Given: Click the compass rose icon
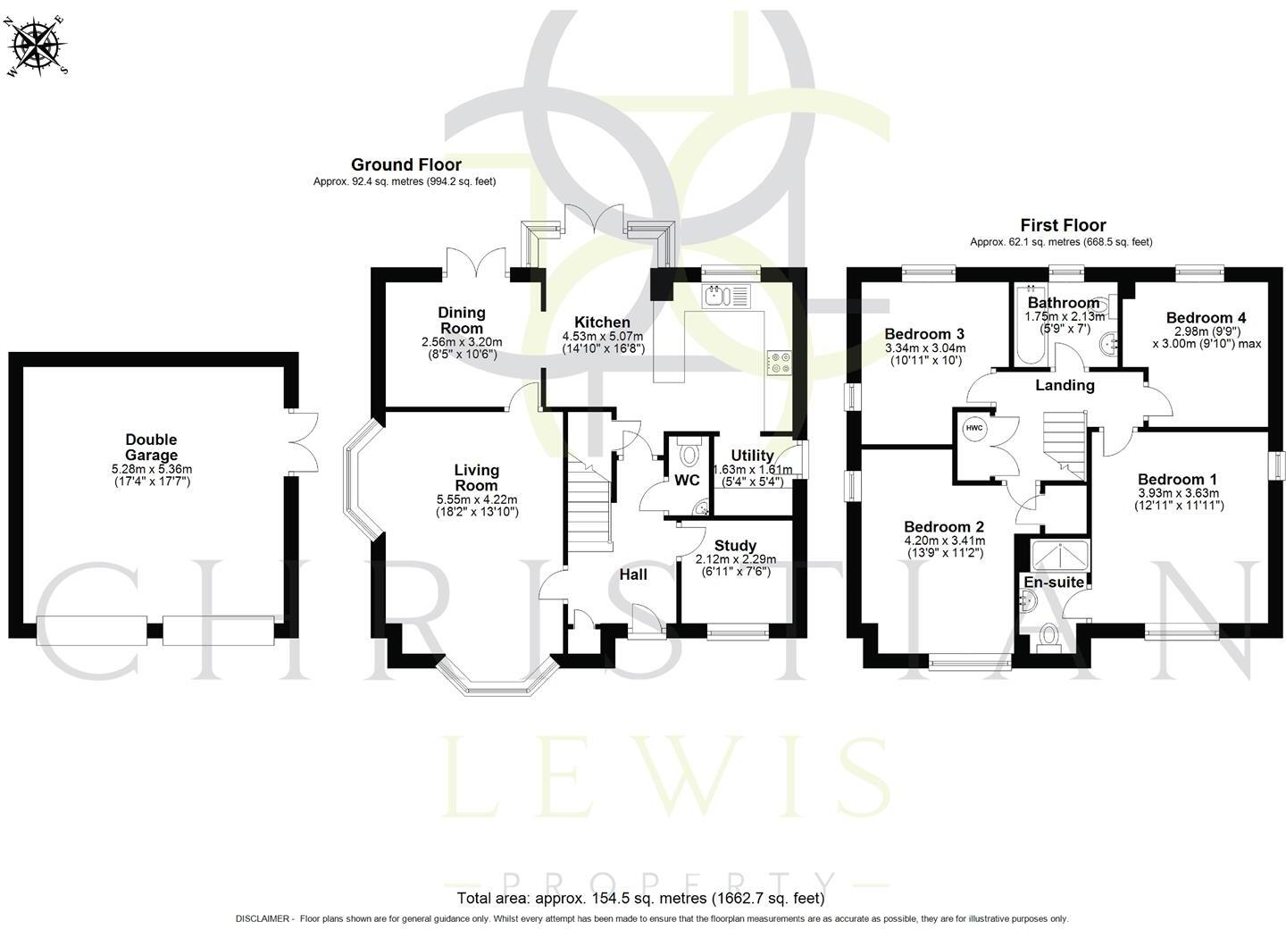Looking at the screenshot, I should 38,44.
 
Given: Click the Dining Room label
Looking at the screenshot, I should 461,320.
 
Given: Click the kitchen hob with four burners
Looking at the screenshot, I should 778,361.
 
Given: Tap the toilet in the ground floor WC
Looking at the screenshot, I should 689,454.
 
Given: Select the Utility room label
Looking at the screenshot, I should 752,456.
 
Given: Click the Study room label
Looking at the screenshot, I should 735,545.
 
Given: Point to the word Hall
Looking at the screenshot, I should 633,574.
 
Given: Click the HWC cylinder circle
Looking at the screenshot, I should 973,428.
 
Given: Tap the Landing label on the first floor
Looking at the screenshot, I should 1065,385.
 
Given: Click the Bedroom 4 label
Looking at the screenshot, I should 1206,317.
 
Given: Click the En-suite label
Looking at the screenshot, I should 1054,582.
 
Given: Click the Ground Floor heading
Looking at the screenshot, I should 405,164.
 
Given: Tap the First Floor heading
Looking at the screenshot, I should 1063,225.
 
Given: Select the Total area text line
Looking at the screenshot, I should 640,898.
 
